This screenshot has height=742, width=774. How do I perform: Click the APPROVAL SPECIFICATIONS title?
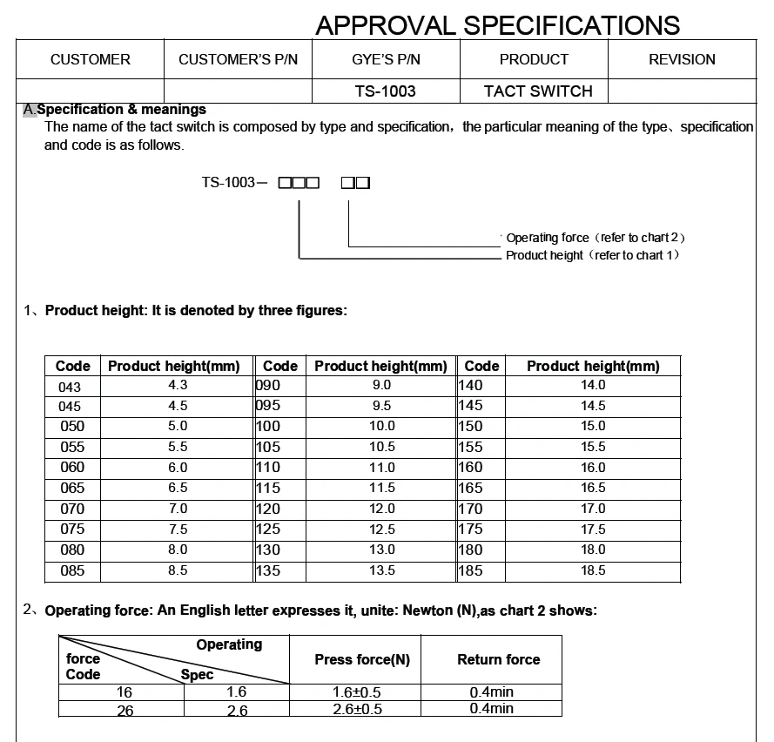click(x=497, y=25)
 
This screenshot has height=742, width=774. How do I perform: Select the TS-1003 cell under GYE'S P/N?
click(x=386, y=91)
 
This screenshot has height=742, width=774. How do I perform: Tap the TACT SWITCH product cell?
click(x=538, y=91)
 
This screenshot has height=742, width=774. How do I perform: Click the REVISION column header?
click(x=682, y=59)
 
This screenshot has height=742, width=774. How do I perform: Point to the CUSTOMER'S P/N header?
click(x=238, y=59)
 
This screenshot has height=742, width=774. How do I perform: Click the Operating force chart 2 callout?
click(x=596, y=238)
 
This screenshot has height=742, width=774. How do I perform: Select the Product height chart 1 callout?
click(x=592, y=255)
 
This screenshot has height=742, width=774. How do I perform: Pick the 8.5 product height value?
click(x=178, y=571)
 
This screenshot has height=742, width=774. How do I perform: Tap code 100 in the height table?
click(x=269, y=427)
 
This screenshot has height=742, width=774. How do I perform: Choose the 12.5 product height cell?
click(x=381, y=530)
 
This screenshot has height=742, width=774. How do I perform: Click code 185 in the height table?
click(x=471, y=571)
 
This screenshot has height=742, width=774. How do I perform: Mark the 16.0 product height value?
click(x=593, y=468)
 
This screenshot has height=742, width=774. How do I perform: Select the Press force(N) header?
click(x=362, y=659)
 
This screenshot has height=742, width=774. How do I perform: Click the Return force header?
click(x=498, y=659)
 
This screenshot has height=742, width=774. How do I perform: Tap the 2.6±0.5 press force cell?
click(x=357, y=709)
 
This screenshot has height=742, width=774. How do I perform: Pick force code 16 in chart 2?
click(x=124, y=692)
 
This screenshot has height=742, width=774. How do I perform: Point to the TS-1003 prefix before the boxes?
click(x=229, y=183)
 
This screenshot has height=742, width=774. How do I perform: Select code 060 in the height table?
click(x=72, y=468)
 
